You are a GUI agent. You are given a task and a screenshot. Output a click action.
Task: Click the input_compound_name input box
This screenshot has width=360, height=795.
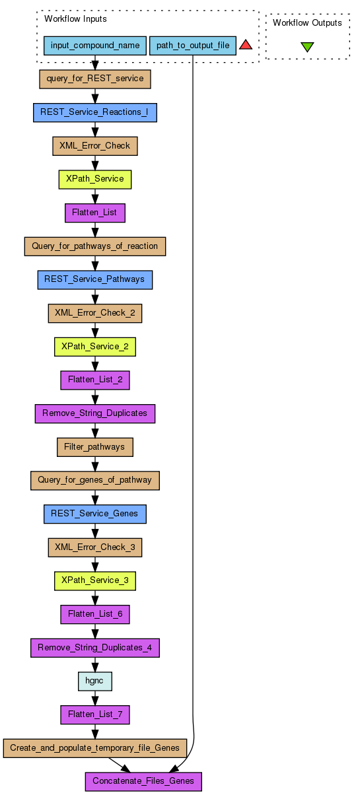coord(95,46)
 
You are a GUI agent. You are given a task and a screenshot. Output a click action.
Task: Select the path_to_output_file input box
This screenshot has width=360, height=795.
coord(193,46)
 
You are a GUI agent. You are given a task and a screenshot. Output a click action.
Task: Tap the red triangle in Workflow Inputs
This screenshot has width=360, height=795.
coord(246,45)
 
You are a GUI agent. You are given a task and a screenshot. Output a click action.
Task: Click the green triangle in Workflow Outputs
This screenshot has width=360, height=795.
coord(307,47)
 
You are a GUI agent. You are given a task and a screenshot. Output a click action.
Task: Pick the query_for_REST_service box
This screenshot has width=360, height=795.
coord(95,79)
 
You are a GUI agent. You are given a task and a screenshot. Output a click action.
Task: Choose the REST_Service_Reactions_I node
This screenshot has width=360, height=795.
coord(95,112)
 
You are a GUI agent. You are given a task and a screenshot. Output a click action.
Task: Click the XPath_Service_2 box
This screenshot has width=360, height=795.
coord(95,347)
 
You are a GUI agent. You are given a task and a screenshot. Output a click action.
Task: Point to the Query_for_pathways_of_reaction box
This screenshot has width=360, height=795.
coord(95,246)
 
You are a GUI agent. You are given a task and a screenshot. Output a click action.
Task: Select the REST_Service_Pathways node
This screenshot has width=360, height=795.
coord(95,280)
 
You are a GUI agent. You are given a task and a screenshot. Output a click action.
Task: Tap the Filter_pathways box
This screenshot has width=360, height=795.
coord(95,447)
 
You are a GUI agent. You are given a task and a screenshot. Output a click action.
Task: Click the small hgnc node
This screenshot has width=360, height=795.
coord(95,681)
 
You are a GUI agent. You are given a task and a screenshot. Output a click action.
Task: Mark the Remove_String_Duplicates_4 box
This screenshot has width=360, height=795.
coord(95,648)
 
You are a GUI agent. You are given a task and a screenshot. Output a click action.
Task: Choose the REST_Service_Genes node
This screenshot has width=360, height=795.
coord(95,514)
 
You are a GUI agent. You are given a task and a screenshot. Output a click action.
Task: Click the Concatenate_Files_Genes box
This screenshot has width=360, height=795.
coord(143,782)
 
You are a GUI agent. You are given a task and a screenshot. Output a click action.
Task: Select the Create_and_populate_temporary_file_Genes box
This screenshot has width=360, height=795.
coord(95,748)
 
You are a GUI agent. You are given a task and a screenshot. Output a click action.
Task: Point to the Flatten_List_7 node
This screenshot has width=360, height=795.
coord(95,714)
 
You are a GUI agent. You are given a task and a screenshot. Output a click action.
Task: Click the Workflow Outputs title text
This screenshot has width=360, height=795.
coord(307,22)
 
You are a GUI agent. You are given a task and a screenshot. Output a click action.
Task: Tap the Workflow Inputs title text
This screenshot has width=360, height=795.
coord(75,18)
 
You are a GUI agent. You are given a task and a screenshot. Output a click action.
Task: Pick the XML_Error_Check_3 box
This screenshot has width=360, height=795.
coord(95,547)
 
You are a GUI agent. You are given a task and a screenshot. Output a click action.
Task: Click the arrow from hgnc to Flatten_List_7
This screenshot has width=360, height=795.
coord(95,698)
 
